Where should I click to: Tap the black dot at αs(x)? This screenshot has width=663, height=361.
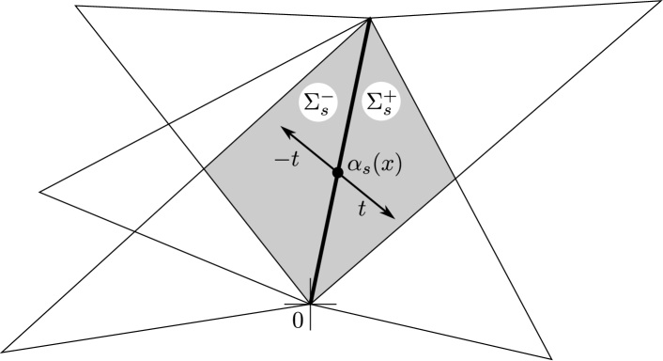tap(338, 172)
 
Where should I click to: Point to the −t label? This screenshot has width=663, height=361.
tap(286, 160)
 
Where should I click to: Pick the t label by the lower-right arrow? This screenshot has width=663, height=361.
tap(362, 210)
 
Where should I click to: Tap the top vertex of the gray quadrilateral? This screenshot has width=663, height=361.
tap(369, 21)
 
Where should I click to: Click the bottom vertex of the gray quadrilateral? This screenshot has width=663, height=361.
tap(311, 301)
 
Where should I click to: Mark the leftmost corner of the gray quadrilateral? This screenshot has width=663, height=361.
tap(206, 169)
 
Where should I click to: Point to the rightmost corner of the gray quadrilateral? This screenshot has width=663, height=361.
tap(455, 178)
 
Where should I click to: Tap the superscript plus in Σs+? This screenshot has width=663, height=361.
tap(390, 93)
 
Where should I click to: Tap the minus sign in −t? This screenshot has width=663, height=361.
tap(280, 161)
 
